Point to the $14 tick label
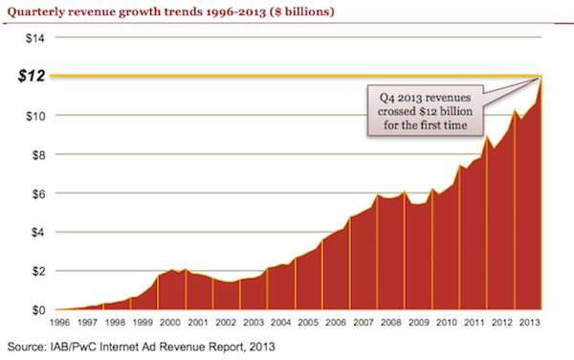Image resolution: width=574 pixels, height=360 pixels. coord(34,37)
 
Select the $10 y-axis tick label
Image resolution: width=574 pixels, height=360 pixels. coord(34,115)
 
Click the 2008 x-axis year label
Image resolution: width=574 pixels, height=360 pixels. coord(391,323)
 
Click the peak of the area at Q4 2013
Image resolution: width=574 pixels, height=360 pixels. coord(541,77)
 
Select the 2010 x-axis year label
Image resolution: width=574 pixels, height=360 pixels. coord(445,323)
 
